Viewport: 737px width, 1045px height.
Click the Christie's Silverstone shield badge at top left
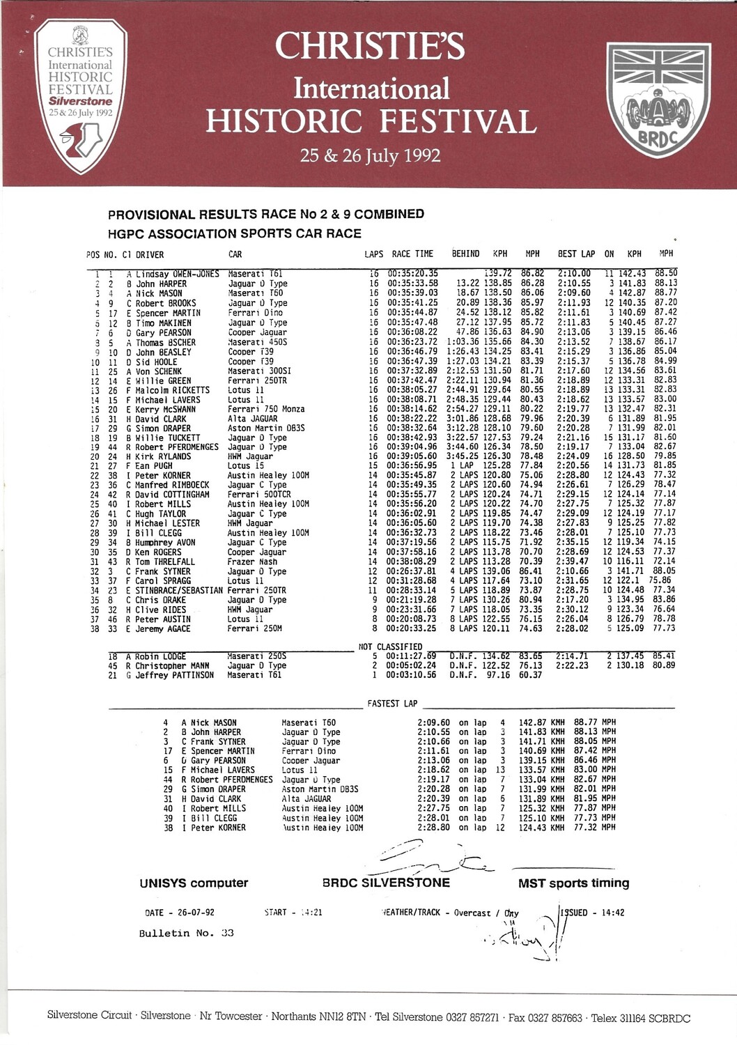coord(80,95)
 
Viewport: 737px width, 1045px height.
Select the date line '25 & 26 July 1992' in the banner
coord(370,155)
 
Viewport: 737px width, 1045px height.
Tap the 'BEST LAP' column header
coord(576,254)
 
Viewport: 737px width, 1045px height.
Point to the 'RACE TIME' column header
coord(412,254)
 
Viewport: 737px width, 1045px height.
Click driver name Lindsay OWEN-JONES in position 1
coord(177,274)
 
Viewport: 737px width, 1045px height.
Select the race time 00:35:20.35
coord(413,274)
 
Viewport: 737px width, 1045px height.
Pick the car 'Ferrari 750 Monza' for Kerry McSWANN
coord(265,409)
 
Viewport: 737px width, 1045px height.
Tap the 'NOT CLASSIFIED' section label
coord(390,647)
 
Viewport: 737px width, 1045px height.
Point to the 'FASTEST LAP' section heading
coord(392,704)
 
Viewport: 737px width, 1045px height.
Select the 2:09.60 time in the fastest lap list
coord(433,723)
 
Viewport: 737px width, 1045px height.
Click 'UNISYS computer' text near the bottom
coord(194,883)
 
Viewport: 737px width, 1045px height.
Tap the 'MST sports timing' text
coord(573,883)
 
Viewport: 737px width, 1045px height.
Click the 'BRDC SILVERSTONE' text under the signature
coord(386,883)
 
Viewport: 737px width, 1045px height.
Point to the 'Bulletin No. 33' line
coord(186,934)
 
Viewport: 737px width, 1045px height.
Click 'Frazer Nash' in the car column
coord(252,562)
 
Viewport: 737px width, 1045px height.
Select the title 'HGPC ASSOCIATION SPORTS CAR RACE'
coord(235,234)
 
